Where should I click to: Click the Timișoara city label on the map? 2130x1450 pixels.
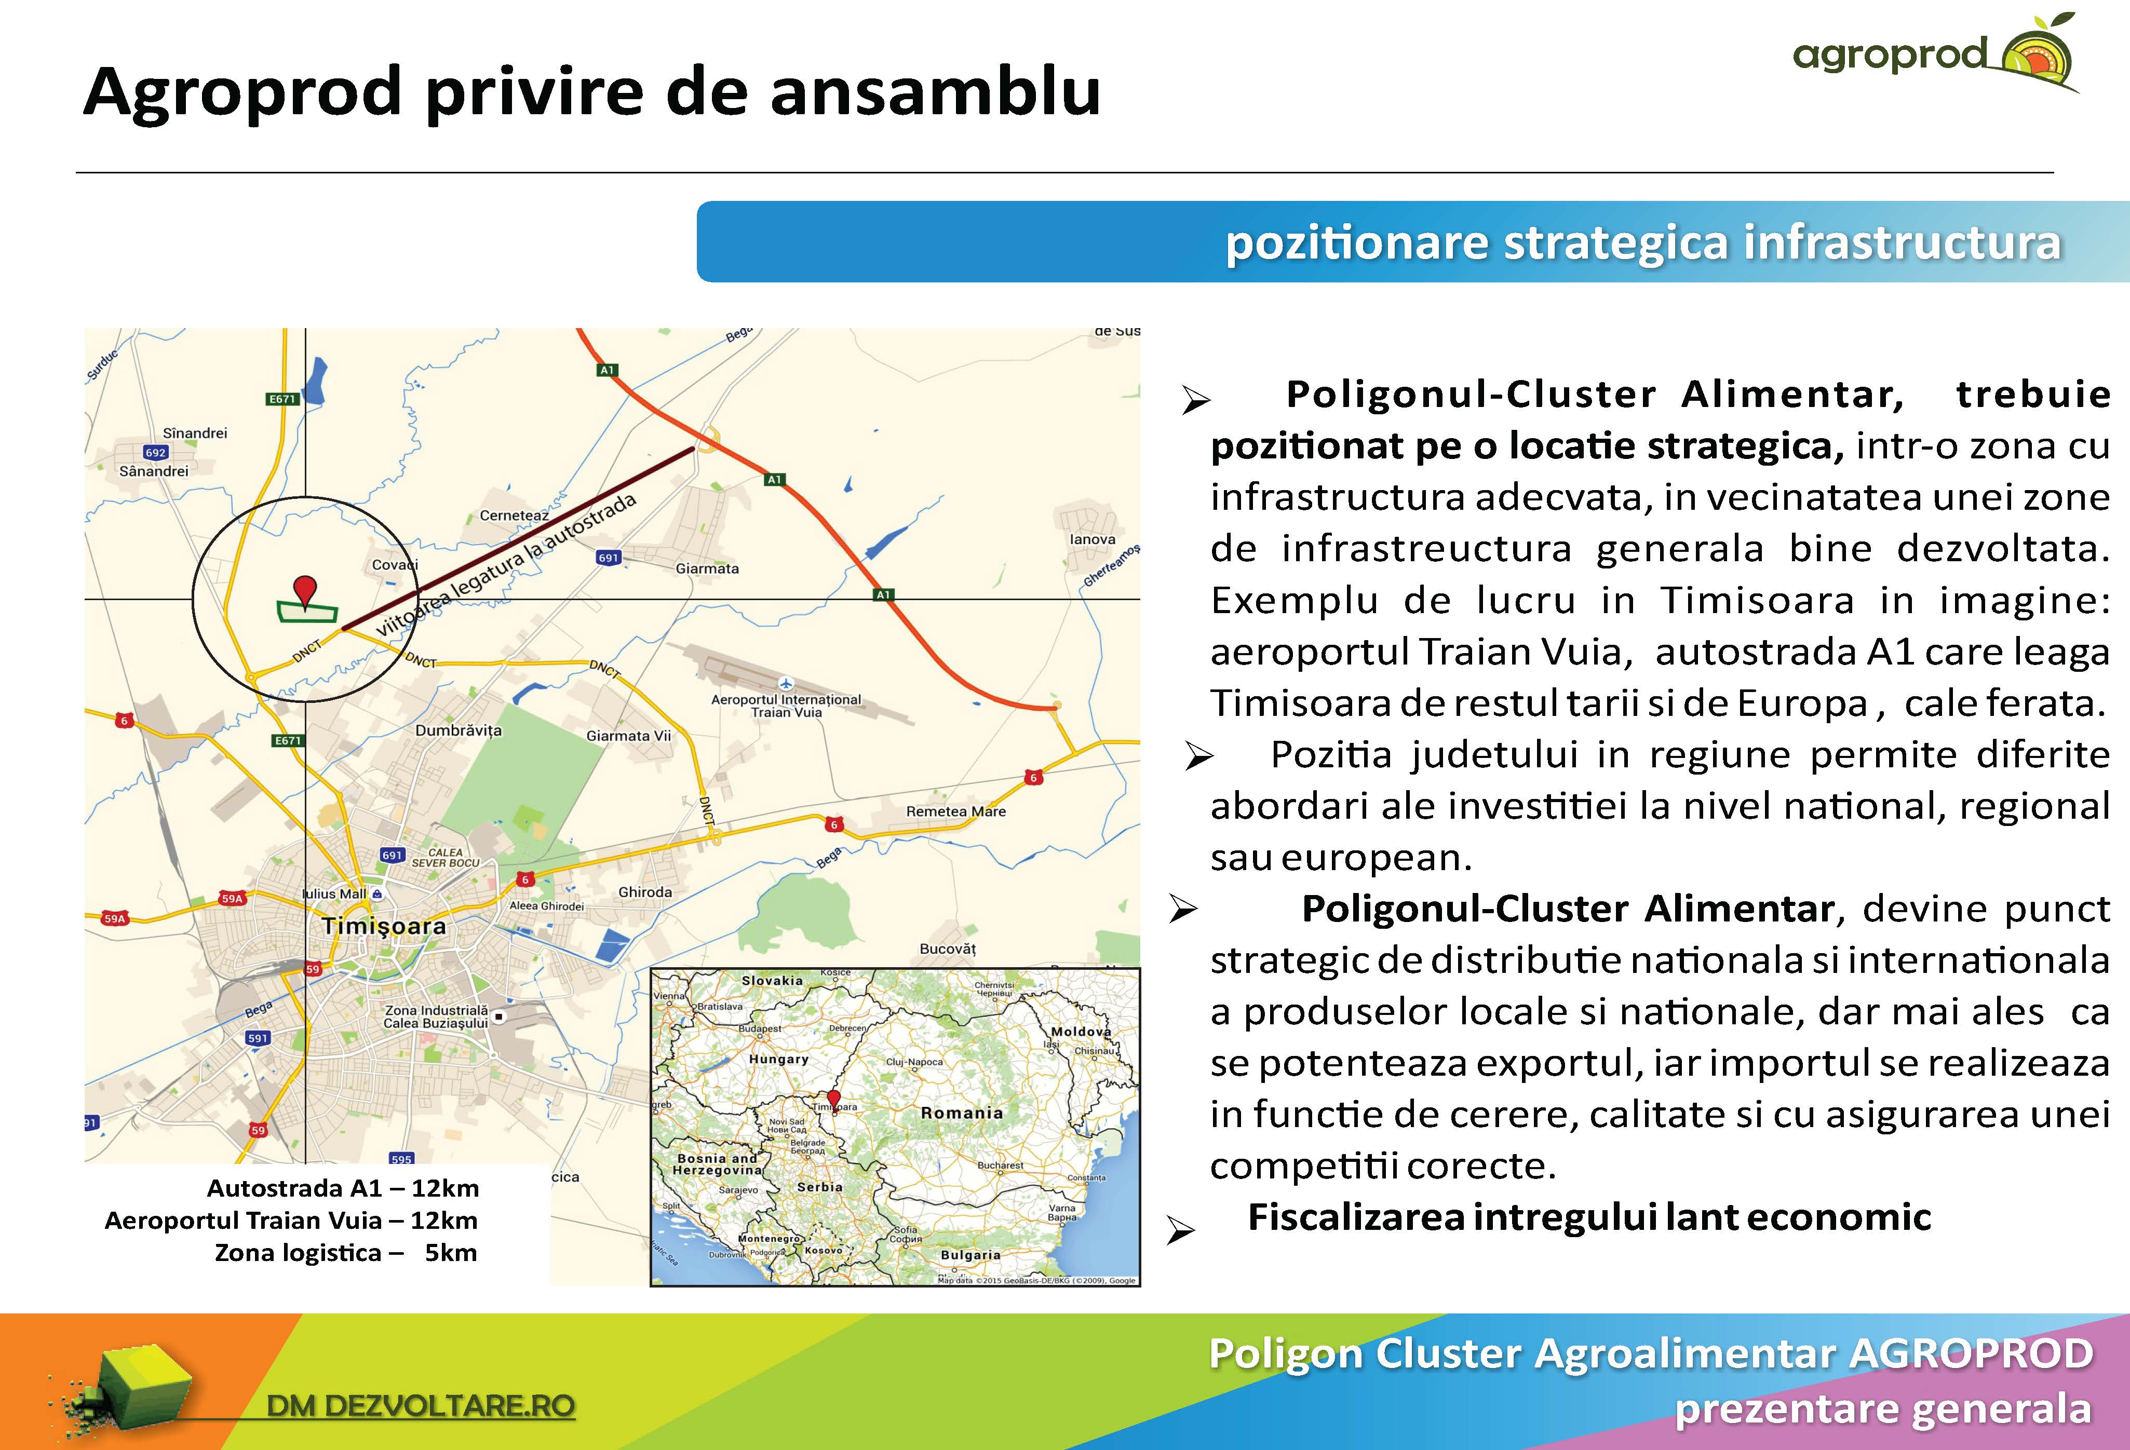point(384,926)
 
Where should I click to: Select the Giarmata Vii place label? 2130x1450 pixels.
point(629,735)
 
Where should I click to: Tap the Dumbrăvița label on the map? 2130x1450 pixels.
point(459,730)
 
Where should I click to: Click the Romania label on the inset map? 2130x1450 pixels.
point(962,1113)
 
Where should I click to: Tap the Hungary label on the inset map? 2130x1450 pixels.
point(778,1059)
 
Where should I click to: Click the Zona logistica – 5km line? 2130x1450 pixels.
point(345,1252)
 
